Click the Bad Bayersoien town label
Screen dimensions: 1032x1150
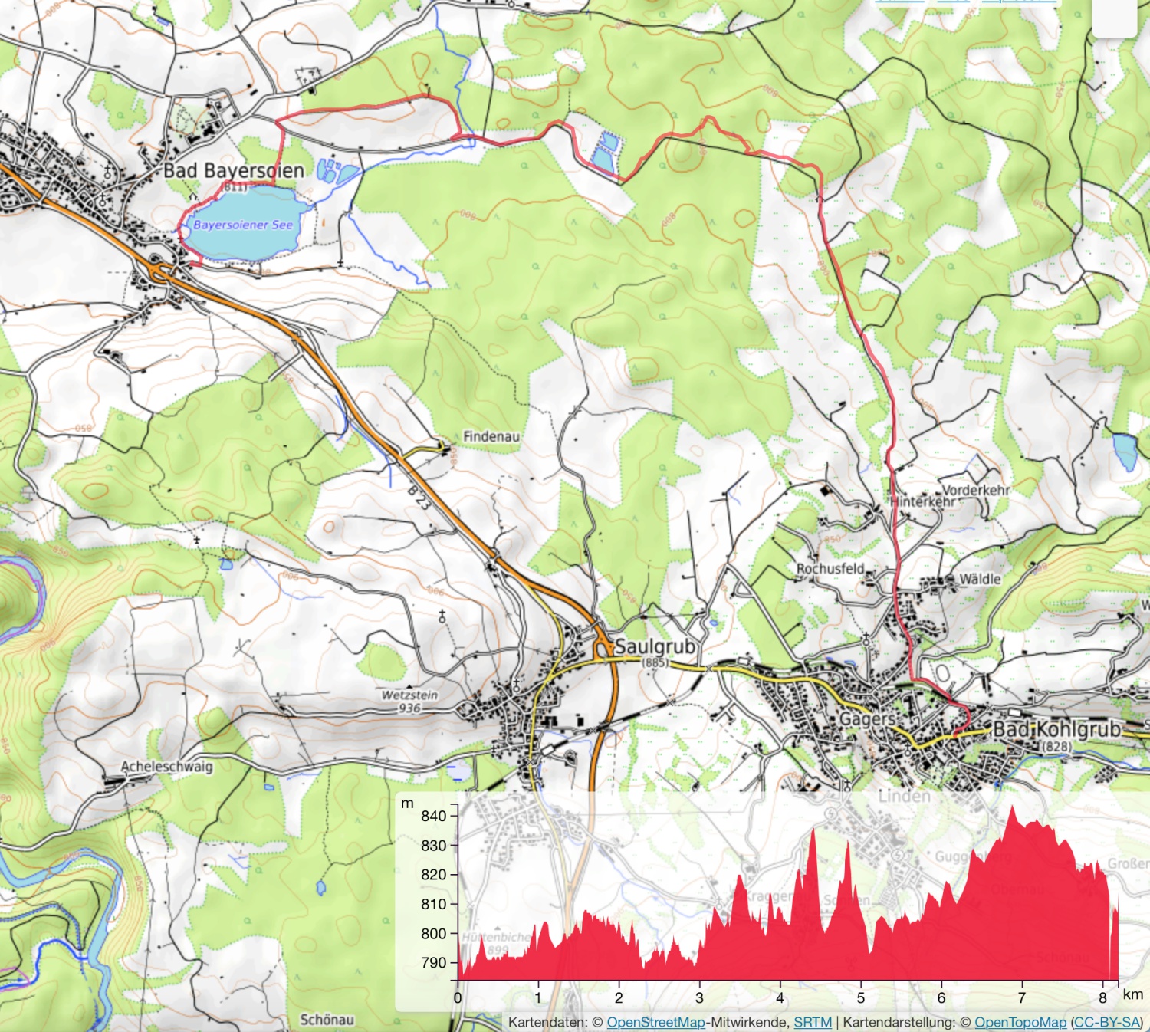pos(234,170)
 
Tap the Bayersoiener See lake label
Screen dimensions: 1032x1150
pos(243,225)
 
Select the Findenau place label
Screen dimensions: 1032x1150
pos(491,436)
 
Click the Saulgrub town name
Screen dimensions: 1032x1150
pos(655,646)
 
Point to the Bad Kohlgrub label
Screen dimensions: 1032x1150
pos(1056,728)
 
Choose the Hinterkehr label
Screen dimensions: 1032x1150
pos(923,501)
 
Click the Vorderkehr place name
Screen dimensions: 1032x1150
pos(975,489)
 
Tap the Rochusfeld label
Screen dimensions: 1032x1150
pos(830,569)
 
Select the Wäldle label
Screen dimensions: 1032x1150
pos(980,580)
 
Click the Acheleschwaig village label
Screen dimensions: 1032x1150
pos(167,766)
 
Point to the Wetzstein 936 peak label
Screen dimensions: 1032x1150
pos(410,701)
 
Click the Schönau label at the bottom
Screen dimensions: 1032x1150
pos(327,1020)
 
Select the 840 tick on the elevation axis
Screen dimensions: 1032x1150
pos(434,816)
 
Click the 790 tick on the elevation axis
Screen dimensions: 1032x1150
pos(434,962)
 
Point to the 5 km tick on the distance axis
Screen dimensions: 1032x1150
pos(860,997)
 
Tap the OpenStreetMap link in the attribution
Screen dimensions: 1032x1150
pos(655,1022)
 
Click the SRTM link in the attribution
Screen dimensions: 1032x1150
pos(813,1022)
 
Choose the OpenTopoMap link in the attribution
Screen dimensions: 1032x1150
pos(1020,1022)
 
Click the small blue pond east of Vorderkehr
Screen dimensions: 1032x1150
pos(1125,452)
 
